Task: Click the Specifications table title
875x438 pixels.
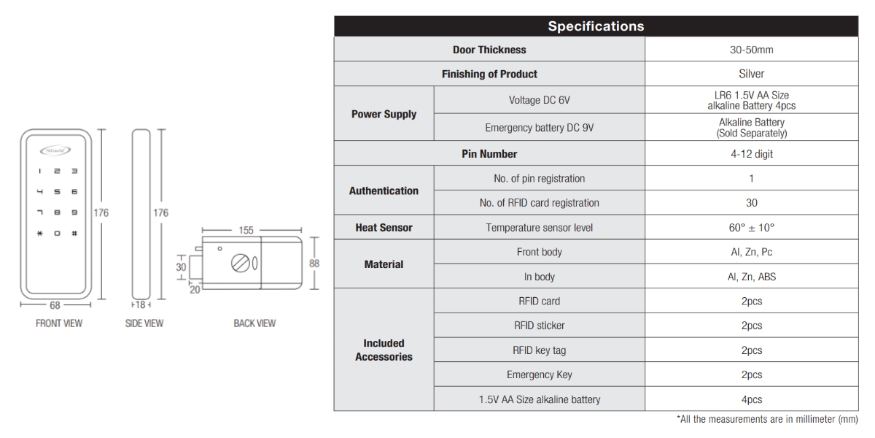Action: (596, 26)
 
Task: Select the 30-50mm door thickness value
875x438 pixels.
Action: (751, 50)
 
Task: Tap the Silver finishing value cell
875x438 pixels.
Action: (751, 74)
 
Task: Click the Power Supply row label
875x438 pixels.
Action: (384, 114)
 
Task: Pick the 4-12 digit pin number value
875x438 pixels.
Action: (752, 154)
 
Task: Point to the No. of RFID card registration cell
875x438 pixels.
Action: (539, 203)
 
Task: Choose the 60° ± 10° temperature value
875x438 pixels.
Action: (751, 228)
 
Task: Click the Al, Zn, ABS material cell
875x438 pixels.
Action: (752, 277)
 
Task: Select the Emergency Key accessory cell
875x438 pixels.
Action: (539, 374)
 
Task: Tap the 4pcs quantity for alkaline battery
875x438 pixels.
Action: (752, 399)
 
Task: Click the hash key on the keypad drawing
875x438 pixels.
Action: (74, 234)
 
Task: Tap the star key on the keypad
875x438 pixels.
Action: (39, 234)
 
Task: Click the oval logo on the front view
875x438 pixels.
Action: (55, 150)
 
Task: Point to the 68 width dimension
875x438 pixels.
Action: (55, 305)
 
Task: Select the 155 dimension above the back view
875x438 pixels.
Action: (246, 231)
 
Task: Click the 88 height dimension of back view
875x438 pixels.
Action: (314, 264)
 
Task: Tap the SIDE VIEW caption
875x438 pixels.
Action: (144, 323)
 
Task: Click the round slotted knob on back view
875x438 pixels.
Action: (240, 264)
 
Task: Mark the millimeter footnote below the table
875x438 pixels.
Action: (767, 419)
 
